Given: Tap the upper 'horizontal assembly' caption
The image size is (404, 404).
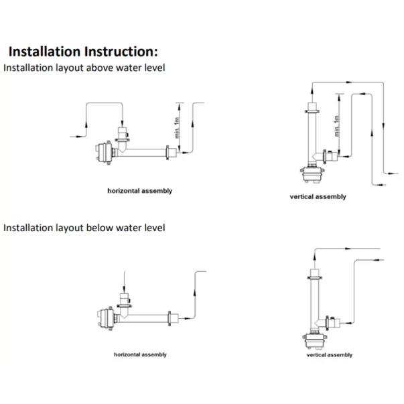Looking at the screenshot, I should (140, 191).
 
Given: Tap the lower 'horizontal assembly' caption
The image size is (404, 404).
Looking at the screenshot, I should (140, 354).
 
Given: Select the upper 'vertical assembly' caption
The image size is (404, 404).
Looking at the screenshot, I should (318, 197).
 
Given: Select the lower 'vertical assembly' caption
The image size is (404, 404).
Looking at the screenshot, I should (330, 354).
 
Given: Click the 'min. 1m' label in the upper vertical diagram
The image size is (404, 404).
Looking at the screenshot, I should (337, 125).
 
